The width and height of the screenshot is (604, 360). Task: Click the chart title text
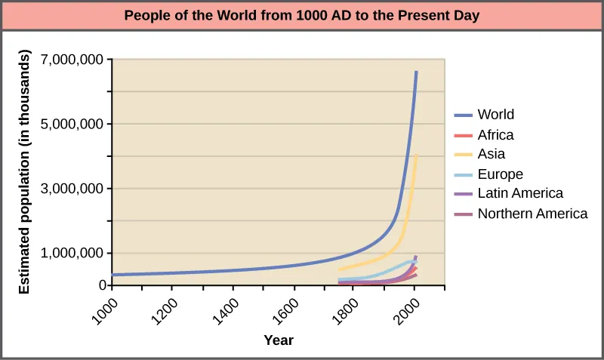pos(302,15)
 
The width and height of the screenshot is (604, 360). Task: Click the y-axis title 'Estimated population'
pos(24,172)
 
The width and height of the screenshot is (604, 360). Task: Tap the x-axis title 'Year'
pos(279,340)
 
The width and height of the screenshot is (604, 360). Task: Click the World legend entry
pos(495,115)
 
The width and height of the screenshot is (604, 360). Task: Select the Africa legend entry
pos(495,134)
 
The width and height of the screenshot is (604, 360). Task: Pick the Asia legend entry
pos(491,154)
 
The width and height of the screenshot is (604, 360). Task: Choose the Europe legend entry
pos(500,174)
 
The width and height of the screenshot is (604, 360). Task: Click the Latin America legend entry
pos(520,194)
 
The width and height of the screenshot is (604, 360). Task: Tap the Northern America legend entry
pos(532,214)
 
